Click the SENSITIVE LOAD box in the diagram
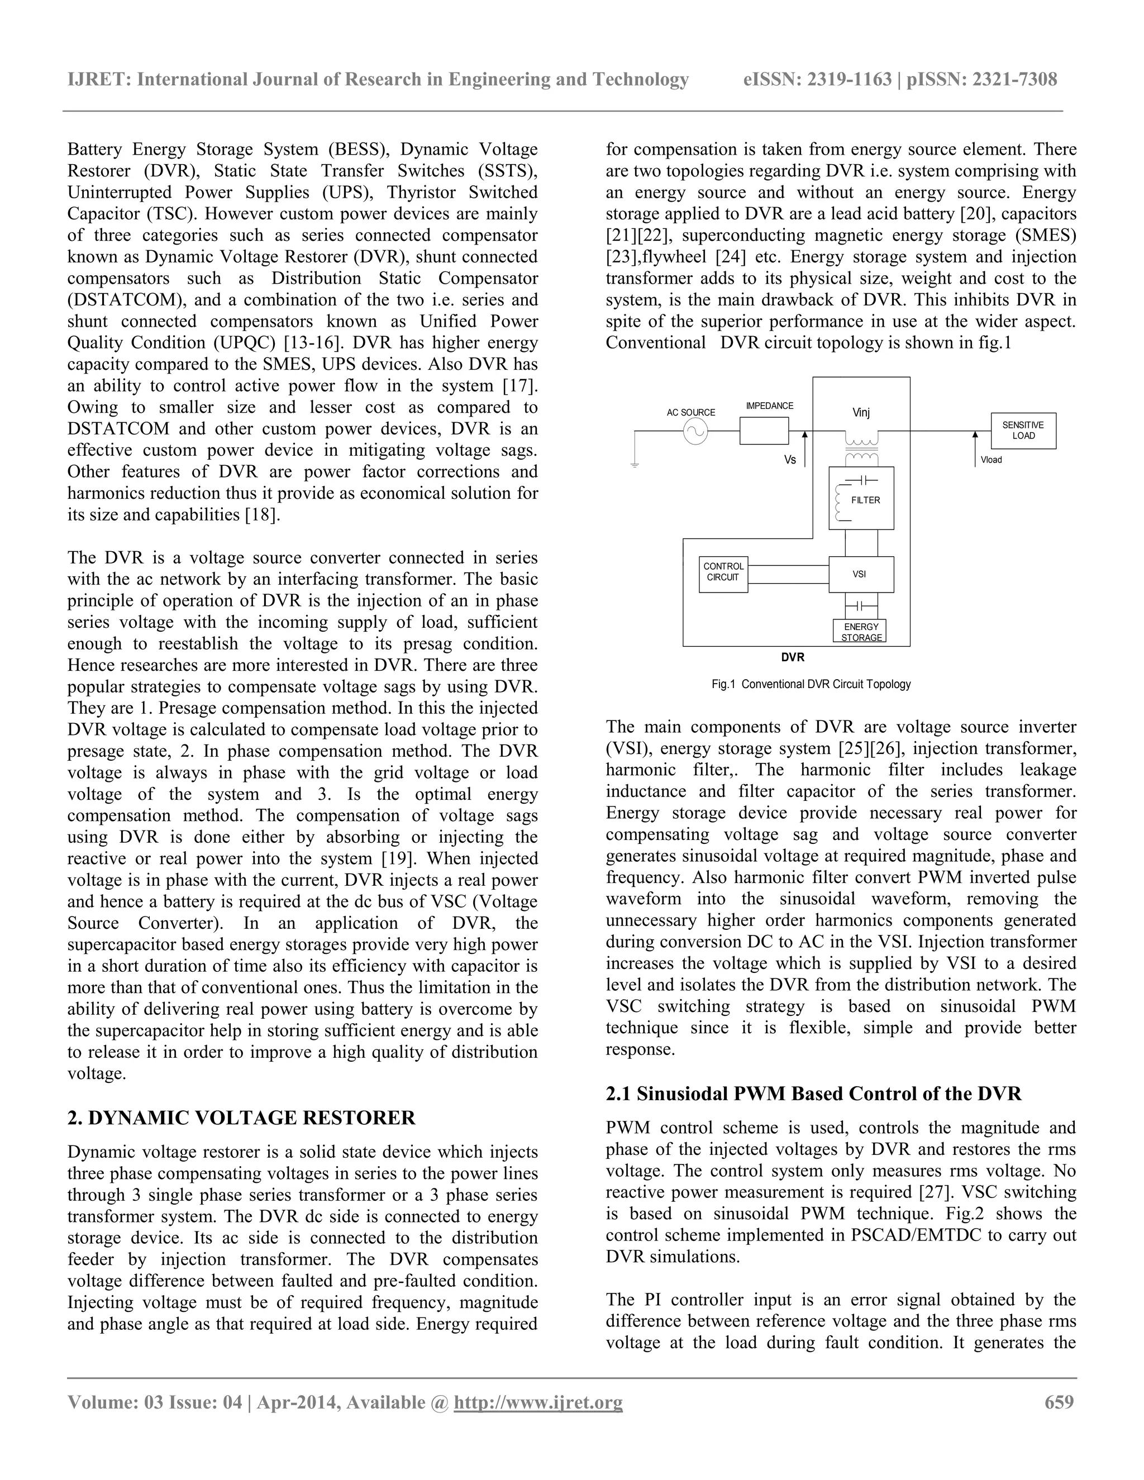pyautogui.click(x=1023, y=430)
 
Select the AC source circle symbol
pyautogui.click(x=695, y=431)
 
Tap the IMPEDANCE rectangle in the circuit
pyautogui.click(x=764, y=431)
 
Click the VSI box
pyautogui.click(x=861, y=574)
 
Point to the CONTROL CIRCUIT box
pyautogui.click(x=723, y=572)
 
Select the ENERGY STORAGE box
pyautogui.click(x=860, y=632)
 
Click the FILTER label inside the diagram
pyautogui.click(x=865, y=500)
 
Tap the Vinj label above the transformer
pyautogui.click(x=861, y=413)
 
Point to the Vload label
pyautogui.click(x=991, y=460)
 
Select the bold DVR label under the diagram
pyautogui.click(x=792, y=657)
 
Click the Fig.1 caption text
pyautogui.click(x=811, y=685)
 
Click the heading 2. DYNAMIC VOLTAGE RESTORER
pyautogui.click(x=241, y=1118)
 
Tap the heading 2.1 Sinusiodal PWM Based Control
pyautogui.click(x=813, y=1094)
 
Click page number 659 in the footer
pyautogui.click(x=1059, y=1401)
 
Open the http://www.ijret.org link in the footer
pyautogui.click(x=537, y=1402)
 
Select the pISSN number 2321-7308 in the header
pyautogui.click(x=1014, y=80)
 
